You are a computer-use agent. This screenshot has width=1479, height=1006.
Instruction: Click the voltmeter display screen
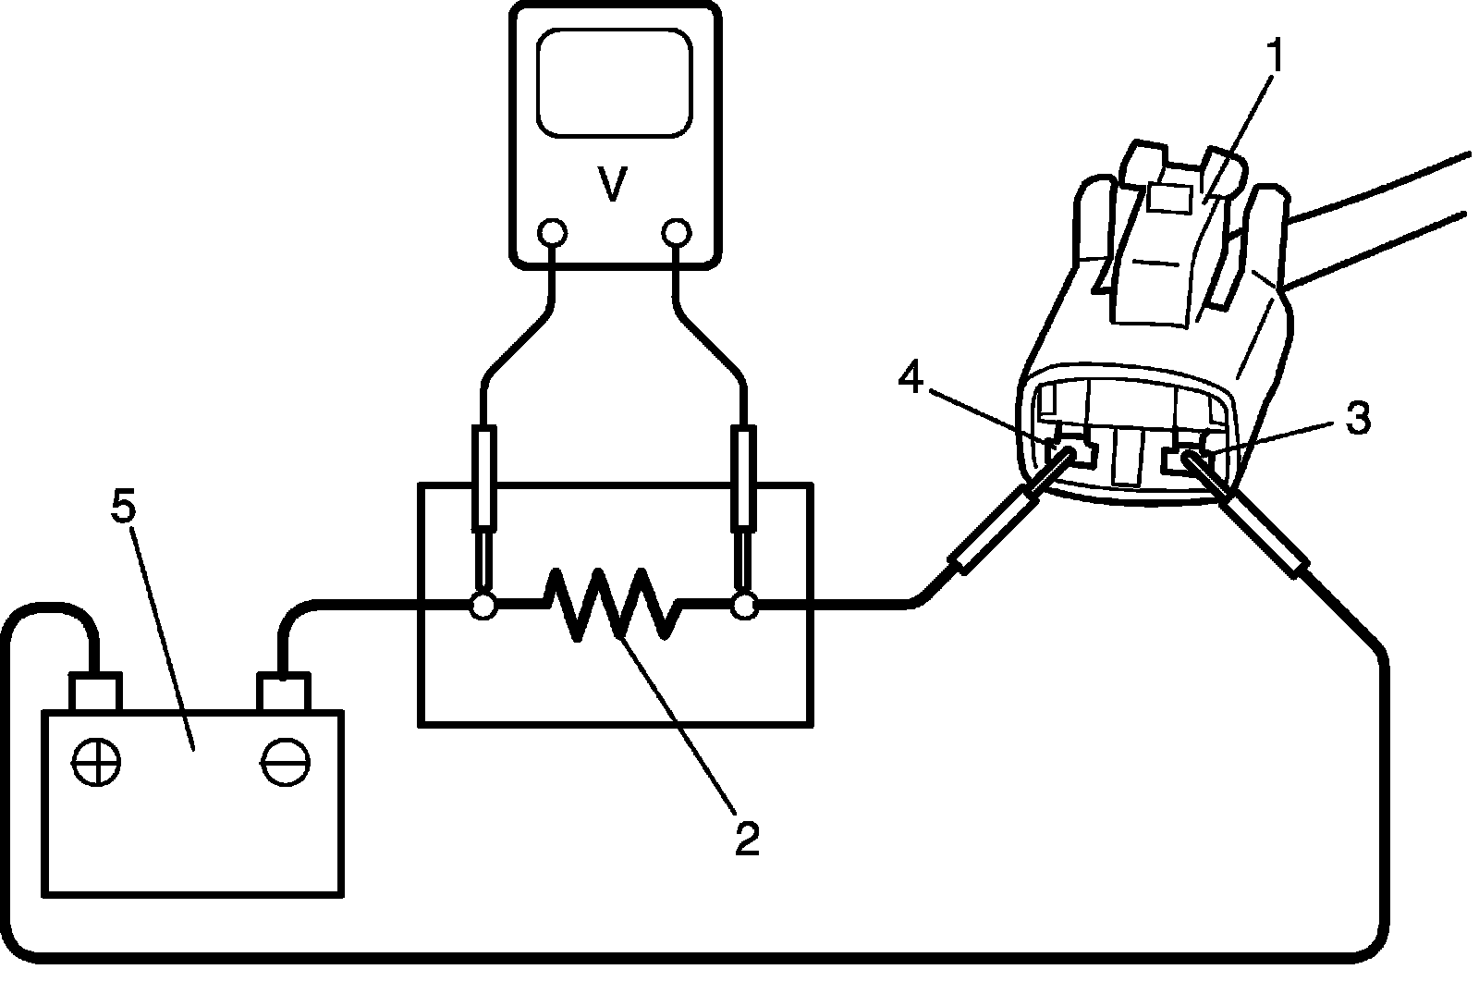[x=615, y=84]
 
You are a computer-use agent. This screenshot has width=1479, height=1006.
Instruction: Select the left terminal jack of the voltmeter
[x=552, y=231]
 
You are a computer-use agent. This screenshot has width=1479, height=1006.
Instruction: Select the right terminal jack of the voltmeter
[x=677, y=231]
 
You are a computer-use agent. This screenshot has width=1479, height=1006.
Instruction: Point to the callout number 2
[x=746, y=836]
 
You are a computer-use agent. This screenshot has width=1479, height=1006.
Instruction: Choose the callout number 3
[x=1357, y=419]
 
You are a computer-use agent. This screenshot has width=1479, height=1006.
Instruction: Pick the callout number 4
[x=911, y=377]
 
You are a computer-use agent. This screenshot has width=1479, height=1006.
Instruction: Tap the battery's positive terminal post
[x=95, y=692]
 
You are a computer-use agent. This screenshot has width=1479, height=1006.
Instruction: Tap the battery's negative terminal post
[x=284, y=692]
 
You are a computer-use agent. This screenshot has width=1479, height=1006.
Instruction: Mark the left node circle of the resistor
[x=483, y=607]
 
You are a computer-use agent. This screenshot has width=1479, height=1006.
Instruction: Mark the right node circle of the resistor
[x=743, y=607]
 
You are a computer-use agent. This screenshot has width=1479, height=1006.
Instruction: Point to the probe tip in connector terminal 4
[x=1068, y=455]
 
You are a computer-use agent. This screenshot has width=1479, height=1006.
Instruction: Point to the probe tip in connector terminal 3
[x=1188, y=457]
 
